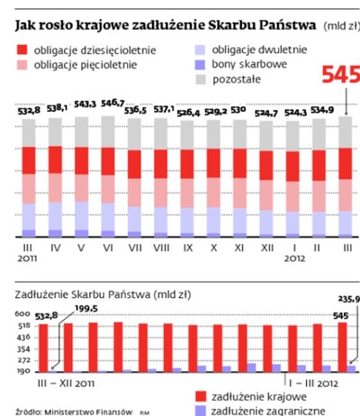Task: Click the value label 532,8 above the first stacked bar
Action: tap(30, 111)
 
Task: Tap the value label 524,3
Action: tap(293, 113)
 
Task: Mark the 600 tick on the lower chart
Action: tap(22, 315)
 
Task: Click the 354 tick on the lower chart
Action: tap(22, 348)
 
